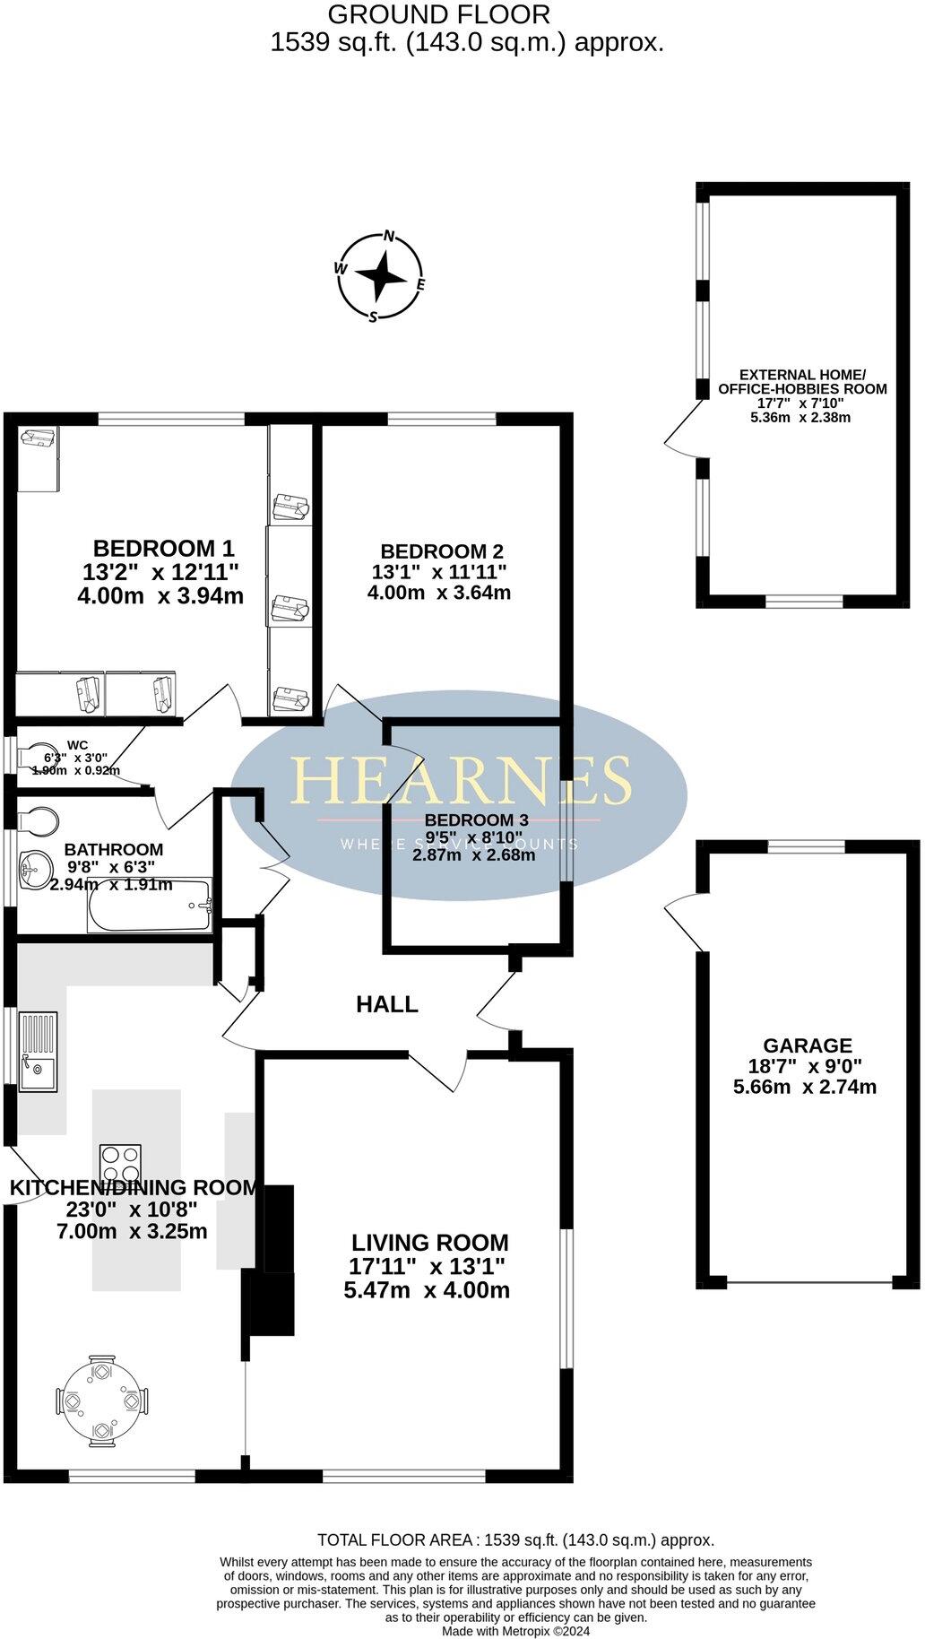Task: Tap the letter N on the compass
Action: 389,237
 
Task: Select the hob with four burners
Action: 121,1165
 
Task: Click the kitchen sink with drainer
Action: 38,1050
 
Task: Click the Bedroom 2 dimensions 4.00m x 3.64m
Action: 439,593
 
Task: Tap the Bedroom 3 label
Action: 476,819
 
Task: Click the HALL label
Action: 387,1004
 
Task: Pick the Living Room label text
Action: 429,1243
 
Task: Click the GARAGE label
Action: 807,1045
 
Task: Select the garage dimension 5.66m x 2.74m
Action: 805,1088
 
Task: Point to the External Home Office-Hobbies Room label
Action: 802,382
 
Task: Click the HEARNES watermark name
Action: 460,780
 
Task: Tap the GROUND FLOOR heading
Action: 438,14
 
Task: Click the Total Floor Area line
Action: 515,1540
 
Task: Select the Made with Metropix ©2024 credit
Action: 515,1632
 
